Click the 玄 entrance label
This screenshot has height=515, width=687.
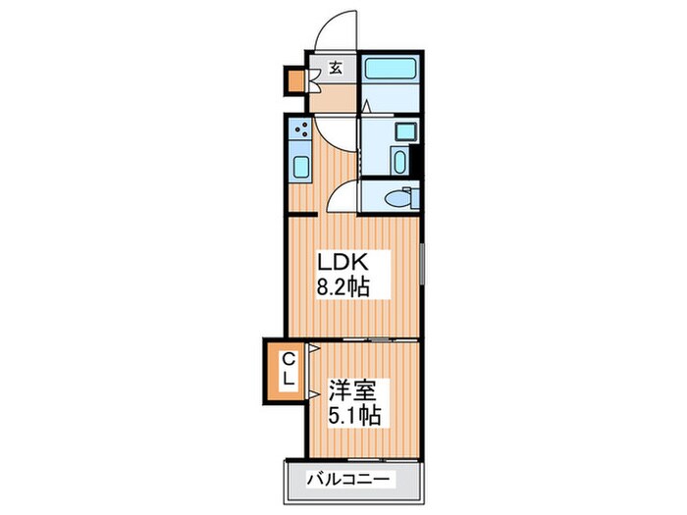336,68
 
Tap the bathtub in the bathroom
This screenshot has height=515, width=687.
391,69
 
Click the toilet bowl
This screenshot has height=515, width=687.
398,199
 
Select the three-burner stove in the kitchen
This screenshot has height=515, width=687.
300,128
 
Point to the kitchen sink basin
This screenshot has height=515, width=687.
301,167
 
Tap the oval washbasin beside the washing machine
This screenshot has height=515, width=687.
399,162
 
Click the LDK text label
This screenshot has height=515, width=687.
342,262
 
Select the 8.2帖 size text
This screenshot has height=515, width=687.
343,287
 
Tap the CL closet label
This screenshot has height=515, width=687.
288,370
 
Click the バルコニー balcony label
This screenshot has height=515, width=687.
347,479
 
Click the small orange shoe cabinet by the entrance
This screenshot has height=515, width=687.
295,81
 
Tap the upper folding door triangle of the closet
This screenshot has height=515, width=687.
314,348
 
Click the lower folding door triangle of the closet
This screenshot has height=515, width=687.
314,394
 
